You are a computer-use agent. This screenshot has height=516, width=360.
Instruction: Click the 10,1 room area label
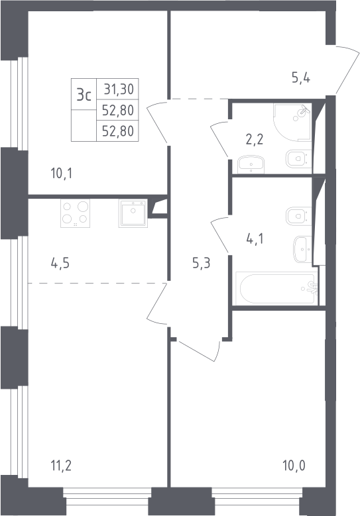(61, 173)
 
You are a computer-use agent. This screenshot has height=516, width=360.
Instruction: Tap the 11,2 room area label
(61, 466)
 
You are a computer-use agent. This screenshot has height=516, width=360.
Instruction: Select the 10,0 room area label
(294, 466)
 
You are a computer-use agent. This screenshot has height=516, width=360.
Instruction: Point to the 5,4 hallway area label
(301, 78)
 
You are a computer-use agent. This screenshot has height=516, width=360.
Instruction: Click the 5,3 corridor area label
(202, 263)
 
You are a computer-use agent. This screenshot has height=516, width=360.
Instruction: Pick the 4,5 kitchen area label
(60, 263)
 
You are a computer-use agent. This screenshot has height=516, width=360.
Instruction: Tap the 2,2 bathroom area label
(255, 140)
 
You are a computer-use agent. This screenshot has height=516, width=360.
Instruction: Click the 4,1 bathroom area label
(255, 238)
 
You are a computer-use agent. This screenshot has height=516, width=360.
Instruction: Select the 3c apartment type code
(84, 95)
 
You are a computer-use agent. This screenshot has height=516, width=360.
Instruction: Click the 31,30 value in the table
(119, 89)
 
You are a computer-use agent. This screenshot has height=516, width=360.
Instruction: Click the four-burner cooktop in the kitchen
(75, 213)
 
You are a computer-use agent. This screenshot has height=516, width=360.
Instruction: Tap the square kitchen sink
(133, 213)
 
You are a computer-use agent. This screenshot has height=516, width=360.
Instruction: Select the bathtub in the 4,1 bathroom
(276, 288)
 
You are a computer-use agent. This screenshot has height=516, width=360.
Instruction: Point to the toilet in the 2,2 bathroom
(299, 158)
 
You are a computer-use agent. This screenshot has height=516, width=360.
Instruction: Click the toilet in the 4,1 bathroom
(299, 216)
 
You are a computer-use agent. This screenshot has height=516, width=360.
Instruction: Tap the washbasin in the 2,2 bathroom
(251, 164)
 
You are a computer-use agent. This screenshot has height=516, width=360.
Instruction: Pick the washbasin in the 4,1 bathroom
(303, 249)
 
